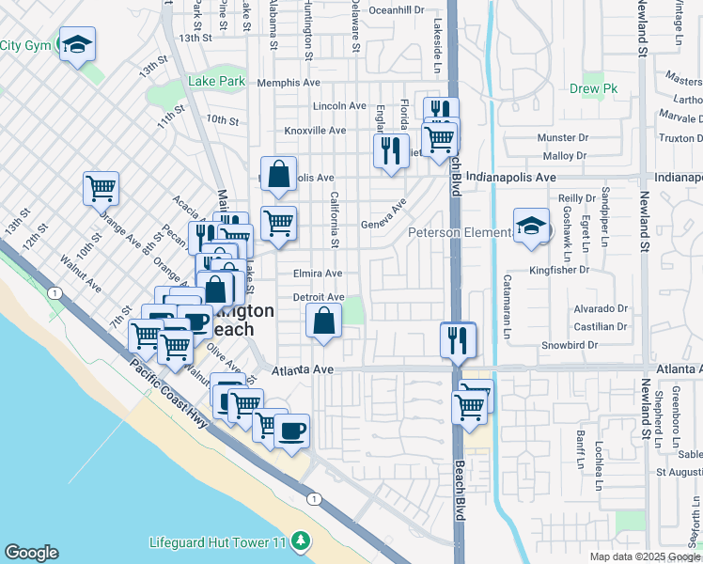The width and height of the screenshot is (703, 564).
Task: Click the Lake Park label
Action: coord(216,82)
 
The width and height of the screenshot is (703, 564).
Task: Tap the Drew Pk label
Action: coord(591,90)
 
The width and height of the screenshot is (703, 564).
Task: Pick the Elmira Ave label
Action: coord(318,274)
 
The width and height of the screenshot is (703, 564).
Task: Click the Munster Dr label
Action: coord(561,138)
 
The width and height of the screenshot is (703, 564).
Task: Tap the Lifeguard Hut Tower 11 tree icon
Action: coord(301,541)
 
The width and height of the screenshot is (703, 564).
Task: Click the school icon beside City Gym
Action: coord(77,43)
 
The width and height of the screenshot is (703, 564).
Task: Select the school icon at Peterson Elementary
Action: coord(531,227)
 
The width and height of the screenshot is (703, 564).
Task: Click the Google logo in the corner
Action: coord(31,553)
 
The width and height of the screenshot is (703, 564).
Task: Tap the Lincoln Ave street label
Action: coord(338,106)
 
